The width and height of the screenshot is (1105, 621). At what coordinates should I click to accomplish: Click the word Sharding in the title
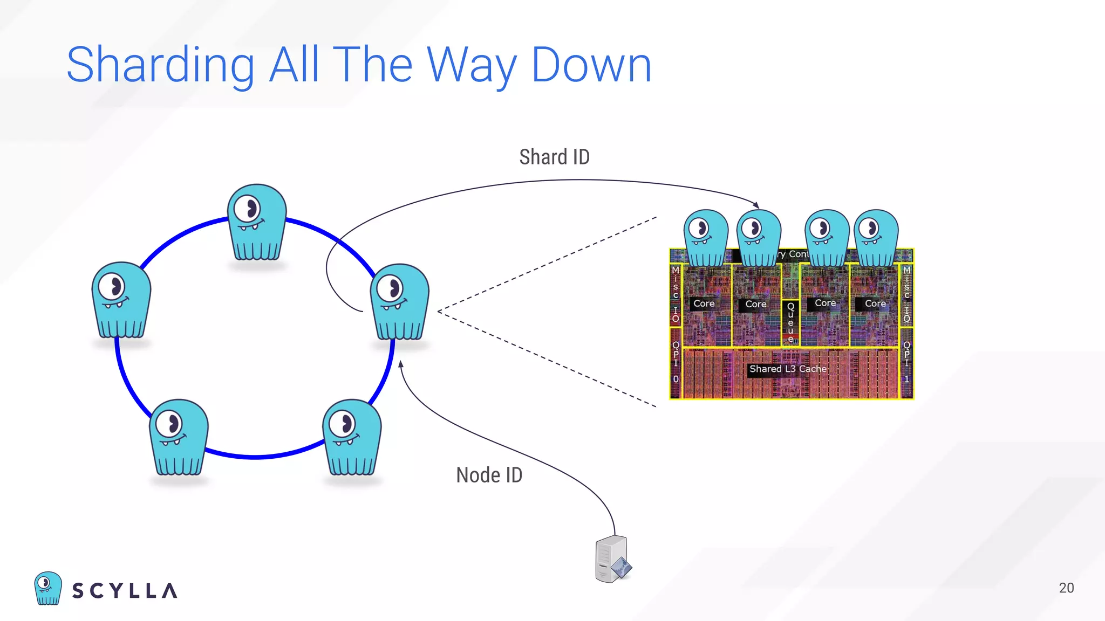pos(160,66)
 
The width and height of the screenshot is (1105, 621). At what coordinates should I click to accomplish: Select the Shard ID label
pos(554,157)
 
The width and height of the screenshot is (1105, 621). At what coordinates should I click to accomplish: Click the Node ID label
pos(489,475)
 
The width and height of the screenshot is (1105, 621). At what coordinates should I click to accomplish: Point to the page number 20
pos(1066,588)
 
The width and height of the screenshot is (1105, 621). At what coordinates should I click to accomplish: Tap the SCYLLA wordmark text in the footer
pos(125,591)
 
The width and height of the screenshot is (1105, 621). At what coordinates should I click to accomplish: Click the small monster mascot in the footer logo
pos(47,588)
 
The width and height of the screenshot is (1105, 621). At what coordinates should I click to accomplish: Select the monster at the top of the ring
pos(257,223)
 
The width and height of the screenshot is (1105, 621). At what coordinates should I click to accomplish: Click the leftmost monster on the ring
pos(121,300)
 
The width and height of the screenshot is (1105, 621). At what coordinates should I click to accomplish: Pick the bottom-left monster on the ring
pos(179,437)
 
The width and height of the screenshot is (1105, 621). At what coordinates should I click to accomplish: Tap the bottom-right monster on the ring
pos(352,437)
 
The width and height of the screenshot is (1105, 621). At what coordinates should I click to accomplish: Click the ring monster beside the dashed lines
pos(400,302)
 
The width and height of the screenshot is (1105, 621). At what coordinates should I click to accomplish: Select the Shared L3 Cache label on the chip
pos(788,369)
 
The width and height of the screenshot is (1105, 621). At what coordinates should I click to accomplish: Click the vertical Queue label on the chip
pos(790,322)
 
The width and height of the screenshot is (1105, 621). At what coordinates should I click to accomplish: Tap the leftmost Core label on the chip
pos(704,304)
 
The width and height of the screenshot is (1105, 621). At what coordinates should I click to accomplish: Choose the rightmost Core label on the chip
pos(875,304)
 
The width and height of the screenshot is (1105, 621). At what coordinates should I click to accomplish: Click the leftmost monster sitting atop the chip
pos(705,238)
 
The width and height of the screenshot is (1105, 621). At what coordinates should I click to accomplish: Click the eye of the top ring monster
pos(249,208)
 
